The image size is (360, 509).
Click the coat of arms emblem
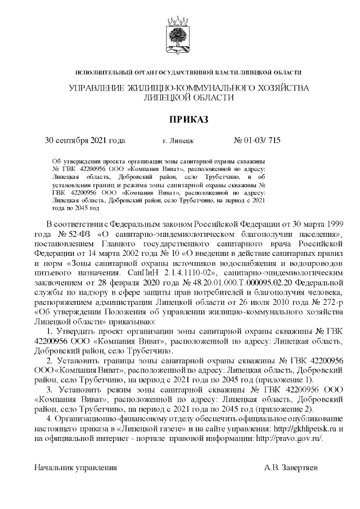(179, 34)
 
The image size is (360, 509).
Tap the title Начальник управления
(76, 467)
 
